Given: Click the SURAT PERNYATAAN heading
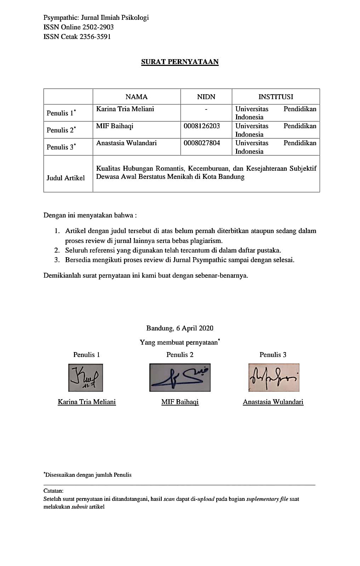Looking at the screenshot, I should click(180, 62).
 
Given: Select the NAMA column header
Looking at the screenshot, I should click(136, 97).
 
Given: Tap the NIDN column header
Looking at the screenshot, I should click(206, 97).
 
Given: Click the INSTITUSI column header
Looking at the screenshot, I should click(276, 97).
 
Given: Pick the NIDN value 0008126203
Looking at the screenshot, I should click(202, 126).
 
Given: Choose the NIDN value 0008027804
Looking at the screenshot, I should click(202, 143).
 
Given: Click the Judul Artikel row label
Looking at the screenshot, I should click(66, 178).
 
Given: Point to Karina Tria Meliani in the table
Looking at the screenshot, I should click(125, 109).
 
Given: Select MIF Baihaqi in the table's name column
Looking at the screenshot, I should click(114, 126).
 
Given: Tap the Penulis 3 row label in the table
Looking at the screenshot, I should click(61, 147).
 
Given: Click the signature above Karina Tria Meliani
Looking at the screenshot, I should click(86, 378).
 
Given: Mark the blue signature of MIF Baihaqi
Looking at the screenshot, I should click(180, 378).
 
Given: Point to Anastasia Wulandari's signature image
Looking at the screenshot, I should click(274, 378).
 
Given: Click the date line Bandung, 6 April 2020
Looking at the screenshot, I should click(180, 328).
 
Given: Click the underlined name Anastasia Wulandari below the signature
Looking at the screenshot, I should click(273, 402).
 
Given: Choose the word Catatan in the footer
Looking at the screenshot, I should click(53, 491).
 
